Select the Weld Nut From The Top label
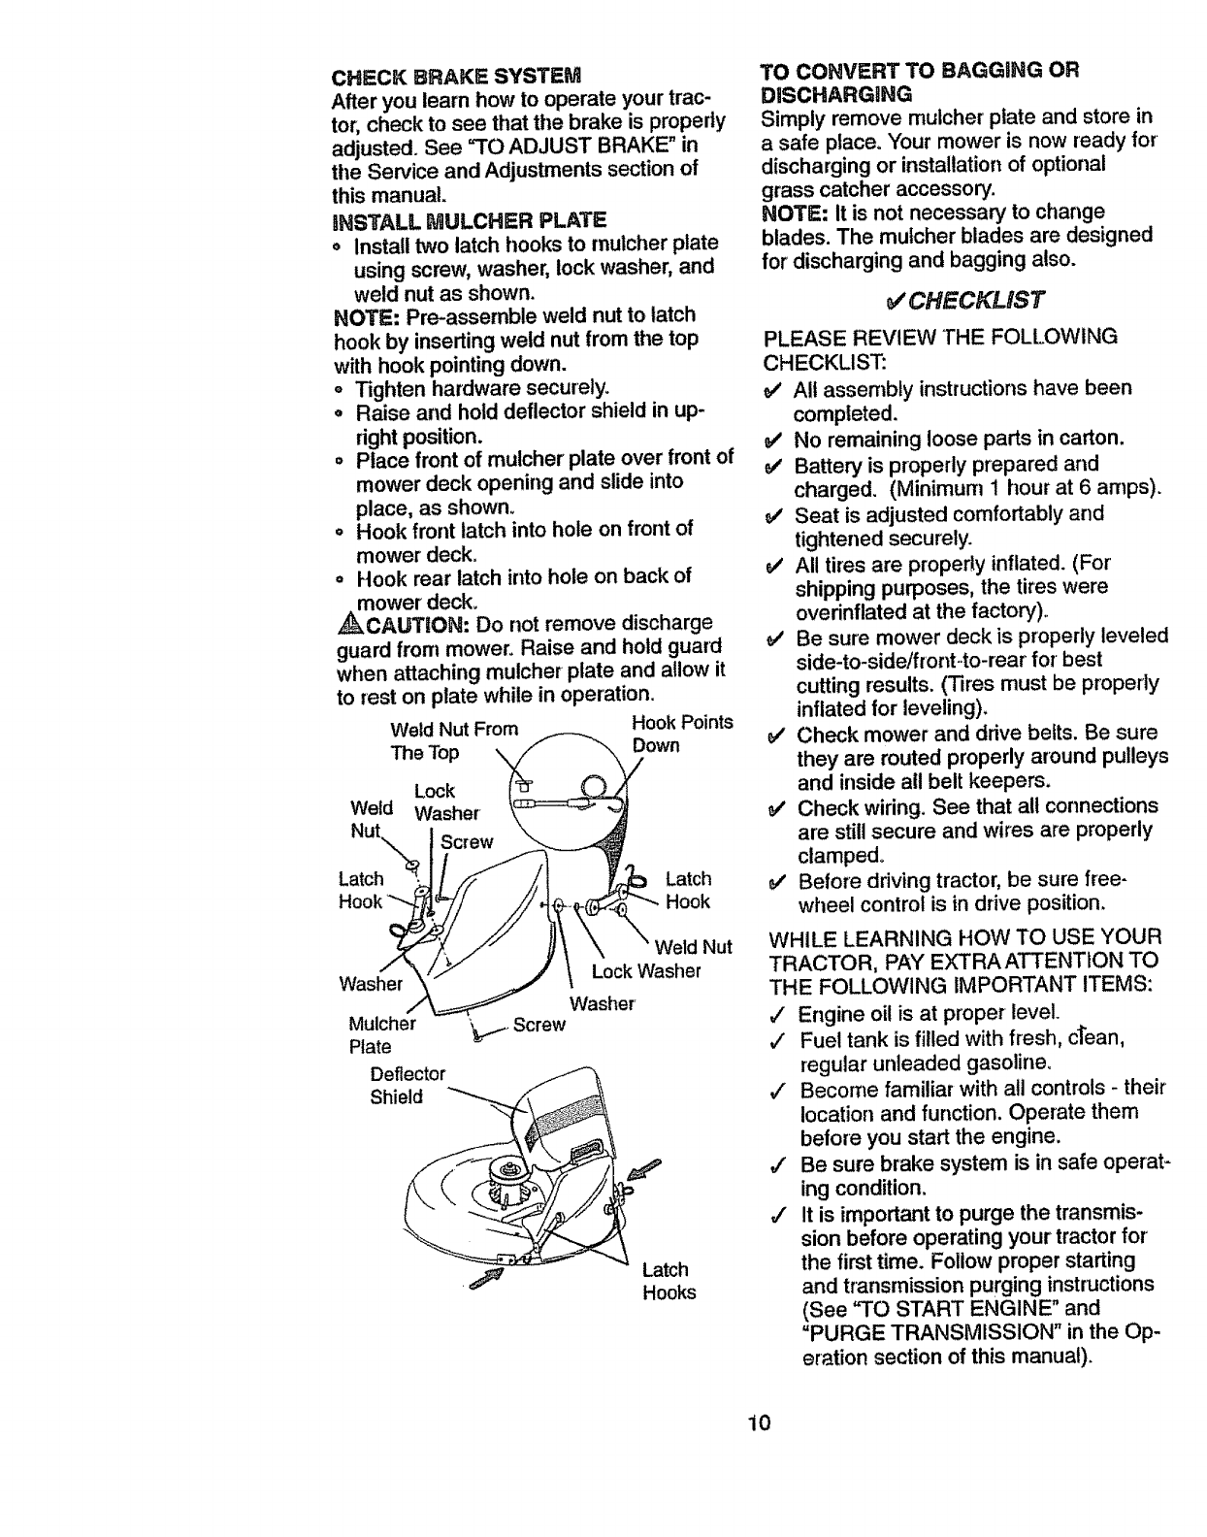click(453, 740)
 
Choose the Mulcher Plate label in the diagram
click(381, 1034)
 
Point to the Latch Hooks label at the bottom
click(668, 1281)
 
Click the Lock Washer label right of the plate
click(645, 971)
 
